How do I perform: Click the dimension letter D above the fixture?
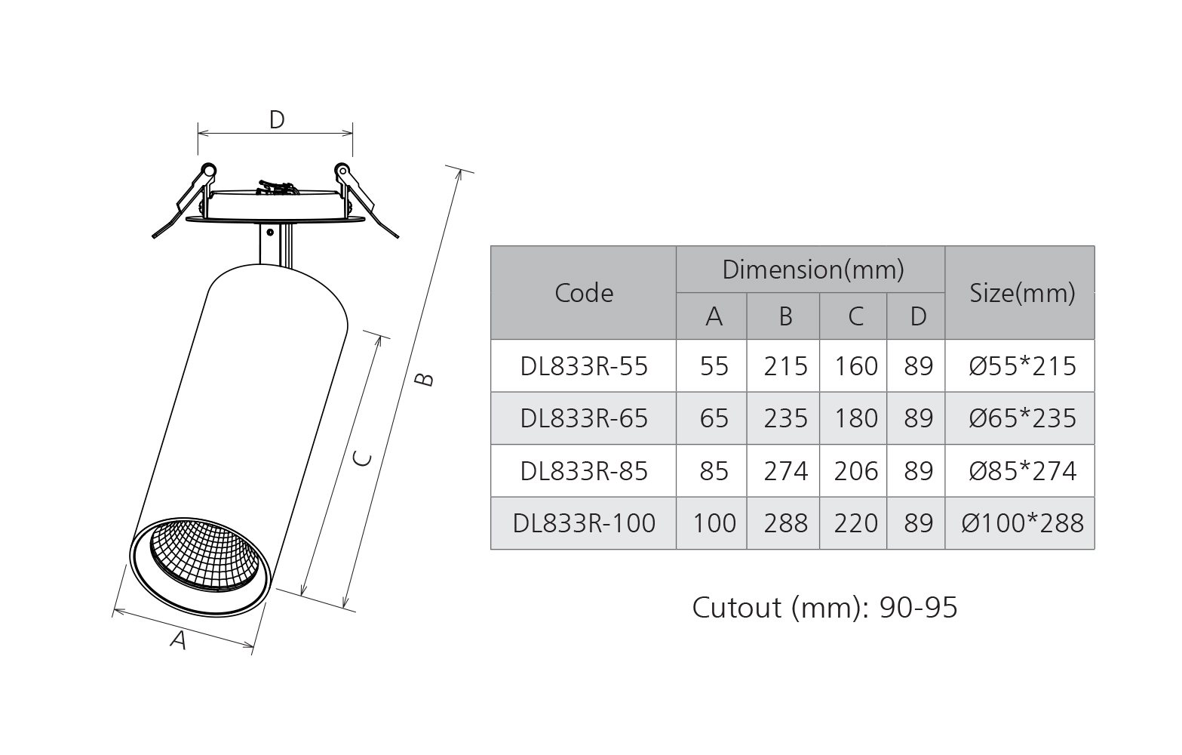tap(277, 119)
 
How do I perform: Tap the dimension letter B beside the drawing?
tap(424, 379)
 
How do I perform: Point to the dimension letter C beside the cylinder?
tap(362, 459)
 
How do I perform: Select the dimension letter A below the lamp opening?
tap(178, 639)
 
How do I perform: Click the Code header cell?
tap(584, 293)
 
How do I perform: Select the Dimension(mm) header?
tap(812, 270)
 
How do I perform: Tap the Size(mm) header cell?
tap(1022, 293)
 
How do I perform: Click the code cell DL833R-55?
tap(584, 366)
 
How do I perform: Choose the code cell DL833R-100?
tap(584, 523)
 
